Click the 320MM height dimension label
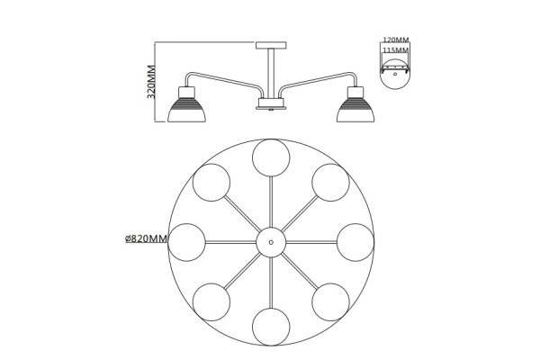[x=151, y=82]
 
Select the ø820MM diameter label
[x=146, y=238]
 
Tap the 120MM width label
[x=396, y=40]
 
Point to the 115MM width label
[x=396, y=50]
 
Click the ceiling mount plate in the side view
[x=271, y=45]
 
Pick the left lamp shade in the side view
[x=186, y=110]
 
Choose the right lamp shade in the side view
[x=355, y=110]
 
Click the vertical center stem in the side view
[x=271, y=73]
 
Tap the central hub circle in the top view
[x=271, y=242]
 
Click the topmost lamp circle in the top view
[x=271, y=157]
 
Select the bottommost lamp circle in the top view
[x=271, y=327]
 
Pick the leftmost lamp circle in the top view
[x=186, y=242]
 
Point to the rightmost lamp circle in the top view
[x=355, y=242]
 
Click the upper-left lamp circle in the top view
[x=211, y=183]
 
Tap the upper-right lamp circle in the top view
[x=330, y=183]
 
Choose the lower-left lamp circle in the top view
[x=211, y=302]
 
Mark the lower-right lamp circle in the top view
[x=330, y=302]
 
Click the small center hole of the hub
[x=271, y=242]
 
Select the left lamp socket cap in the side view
[x=186, y=92]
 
